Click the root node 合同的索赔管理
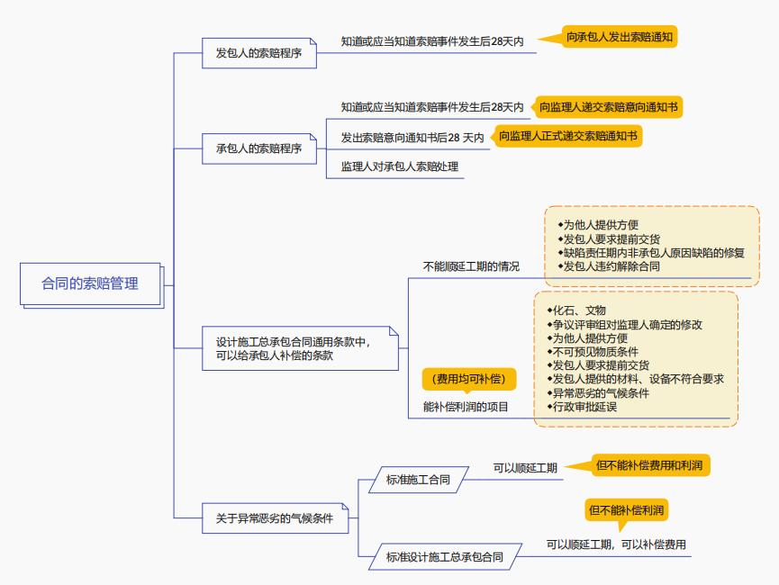(x=90, y=283)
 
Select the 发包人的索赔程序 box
(x=258, y=53)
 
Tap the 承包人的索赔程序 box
(x=258, y=148)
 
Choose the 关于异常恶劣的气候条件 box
(x=274, y=518)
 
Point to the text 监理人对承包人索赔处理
(x=399, y=166)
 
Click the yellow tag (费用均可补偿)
(x=468, y=379)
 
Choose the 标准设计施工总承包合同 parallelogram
(x=444, y=557)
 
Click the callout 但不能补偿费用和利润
(x=651, y=465)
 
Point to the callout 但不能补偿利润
(x=627, y=511)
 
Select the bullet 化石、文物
(x=579, y=310)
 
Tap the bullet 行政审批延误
(x=584, y=407)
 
